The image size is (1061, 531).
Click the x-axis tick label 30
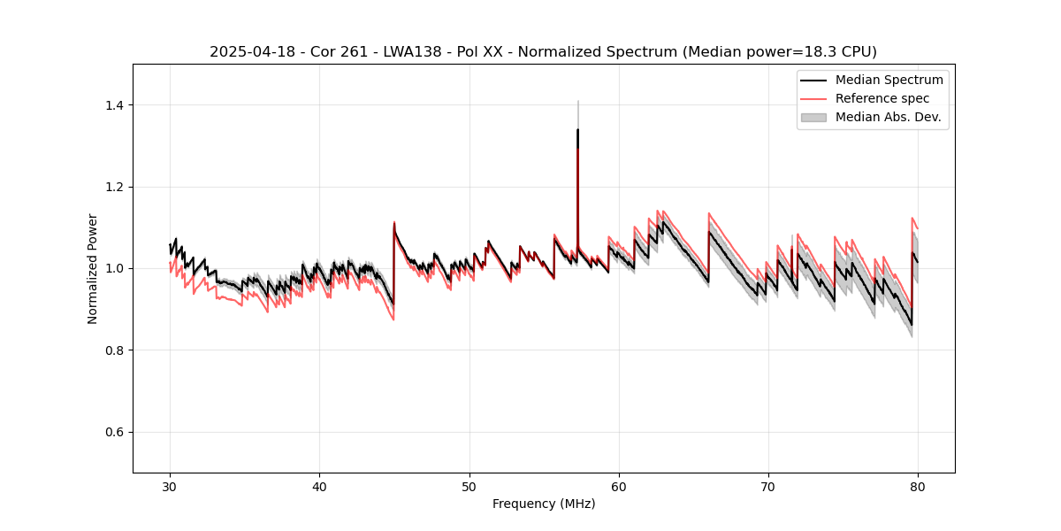tap(170, 486)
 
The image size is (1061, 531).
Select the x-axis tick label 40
tap(319, 486)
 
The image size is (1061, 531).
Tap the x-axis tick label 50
tap(469, 486)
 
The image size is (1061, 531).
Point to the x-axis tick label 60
tap(619, 486)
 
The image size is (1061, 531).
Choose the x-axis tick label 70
tap(768, 486)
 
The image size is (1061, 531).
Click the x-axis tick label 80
tap(918, 486)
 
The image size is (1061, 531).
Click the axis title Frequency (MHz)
tap(544, 504)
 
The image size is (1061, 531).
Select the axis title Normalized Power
tap(93, 268)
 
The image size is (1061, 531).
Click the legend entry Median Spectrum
tap(889, 80)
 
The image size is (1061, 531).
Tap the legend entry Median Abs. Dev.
tap(888, 117)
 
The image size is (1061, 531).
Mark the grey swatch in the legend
tap(813, 117)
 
